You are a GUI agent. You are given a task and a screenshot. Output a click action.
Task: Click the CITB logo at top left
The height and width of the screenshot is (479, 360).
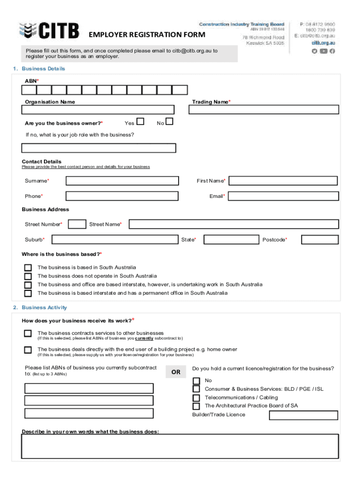coord(49,31)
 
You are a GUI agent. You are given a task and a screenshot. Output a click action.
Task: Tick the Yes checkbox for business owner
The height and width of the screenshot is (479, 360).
coord(140,122)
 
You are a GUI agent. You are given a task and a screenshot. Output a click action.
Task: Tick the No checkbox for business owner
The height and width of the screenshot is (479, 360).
coord(169,122)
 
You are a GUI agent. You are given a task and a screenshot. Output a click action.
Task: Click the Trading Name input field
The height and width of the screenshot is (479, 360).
coord(264,109)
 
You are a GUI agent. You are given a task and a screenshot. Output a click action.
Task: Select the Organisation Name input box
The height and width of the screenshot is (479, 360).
coord(98,109)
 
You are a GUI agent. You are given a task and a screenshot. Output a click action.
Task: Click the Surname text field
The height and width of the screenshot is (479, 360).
coord(122,181)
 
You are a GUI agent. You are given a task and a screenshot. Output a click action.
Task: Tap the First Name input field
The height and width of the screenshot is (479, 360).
coord(283,181)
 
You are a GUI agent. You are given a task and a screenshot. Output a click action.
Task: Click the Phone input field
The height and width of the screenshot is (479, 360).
coord(122,196)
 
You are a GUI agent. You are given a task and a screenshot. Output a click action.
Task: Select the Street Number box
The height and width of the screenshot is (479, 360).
coord(77,224)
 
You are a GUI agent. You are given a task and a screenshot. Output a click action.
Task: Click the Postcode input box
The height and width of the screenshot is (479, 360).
coord(320,239)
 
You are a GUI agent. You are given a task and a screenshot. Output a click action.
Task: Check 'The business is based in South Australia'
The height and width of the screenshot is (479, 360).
coord(28,268)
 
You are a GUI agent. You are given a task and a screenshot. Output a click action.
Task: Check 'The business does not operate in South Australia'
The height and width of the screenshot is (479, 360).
coord(28,276)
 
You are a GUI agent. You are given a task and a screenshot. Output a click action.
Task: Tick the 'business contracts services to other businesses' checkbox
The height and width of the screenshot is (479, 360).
coord(28,334)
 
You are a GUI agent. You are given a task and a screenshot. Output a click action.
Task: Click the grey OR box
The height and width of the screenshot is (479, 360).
coord(176,372)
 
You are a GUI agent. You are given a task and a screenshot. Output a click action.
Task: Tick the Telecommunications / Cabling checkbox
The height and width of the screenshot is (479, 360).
coord(196,398)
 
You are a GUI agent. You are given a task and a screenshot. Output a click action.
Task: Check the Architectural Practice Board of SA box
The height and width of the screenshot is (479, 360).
coord(196,406)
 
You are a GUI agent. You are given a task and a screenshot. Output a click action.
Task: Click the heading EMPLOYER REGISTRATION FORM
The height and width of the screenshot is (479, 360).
coord(147,35)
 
